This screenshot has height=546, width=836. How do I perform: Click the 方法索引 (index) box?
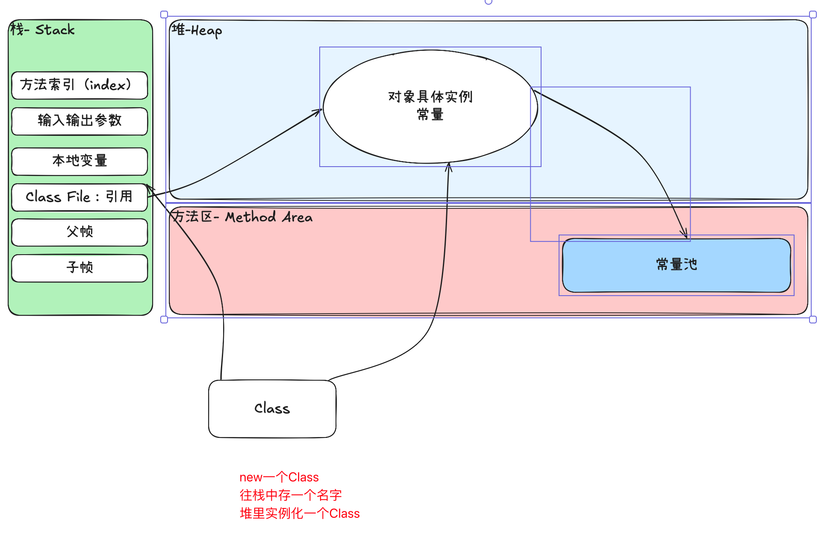(79, 85)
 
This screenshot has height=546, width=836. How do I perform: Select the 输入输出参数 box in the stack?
(79, 121)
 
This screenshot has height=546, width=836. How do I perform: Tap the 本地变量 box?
(79, 161)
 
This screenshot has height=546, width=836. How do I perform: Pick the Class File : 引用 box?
(79, 197)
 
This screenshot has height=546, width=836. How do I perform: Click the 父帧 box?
(79, 232)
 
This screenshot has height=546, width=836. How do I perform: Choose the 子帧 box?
(79, 268)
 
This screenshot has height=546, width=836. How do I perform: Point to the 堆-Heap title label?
(197, 31)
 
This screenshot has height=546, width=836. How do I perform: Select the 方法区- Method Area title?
(242, 217)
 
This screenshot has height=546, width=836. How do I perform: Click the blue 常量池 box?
(676, 265)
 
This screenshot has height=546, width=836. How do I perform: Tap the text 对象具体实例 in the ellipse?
(430, 97)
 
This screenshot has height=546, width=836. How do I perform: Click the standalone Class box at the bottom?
(272, 409)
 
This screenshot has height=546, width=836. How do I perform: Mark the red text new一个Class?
(279, 477)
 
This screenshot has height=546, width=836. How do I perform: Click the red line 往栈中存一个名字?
(291, 495)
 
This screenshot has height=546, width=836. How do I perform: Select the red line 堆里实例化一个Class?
(300, 514)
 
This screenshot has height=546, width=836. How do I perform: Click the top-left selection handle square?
(164, 15)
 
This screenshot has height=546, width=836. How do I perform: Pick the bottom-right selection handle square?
(813, 320)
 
